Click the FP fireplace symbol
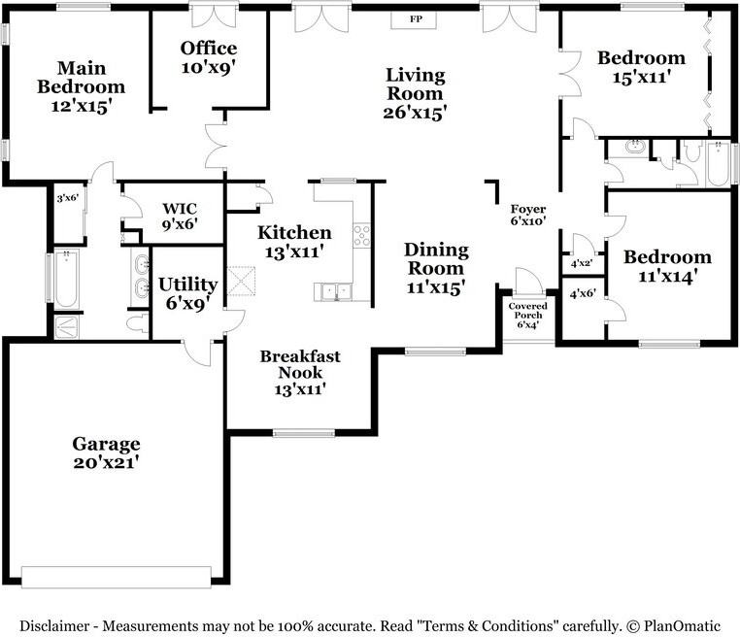coord(414,19)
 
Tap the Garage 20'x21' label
coord(106,453)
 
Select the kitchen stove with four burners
coord(362,235)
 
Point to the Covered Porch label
coord(527,315)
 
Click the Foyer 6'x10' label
coord(528,215)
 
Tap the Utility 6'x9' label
coord(187,293)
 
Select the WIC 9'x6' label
coord(180,216)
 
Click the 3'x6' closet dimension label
coord(67,198)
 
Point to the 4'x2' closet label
coord(582,263)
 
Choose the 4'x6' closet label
coord(583,294)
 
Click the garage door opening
coord(117,577)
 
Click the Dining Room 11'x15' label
coord(436,268)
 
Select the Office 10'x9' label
coord(209,57)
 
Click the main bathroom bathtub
coord(66,279)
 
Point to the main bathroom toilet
coord(138,323)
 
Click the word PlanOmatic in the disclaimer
coord(682,626)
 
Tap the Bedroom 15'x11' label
coord(641,67)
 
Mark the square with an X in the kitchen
coord(241,282)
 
